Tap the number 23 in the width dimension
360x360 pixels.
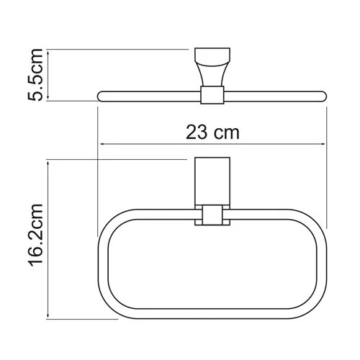(x=197, y=132)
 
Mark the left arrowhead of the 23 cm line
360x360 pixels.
(x=100, y=144)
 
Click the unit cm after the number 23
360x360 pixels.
(x=225, y=132)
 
